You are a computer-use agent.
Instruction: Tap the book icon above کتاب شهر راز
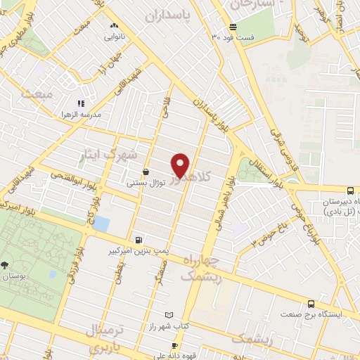[x=167, y=315]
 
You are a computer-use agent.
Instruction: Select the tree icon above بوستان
[x=6, y=265]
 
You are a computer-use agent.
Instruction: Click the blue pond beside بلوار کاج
[x=101, y=224]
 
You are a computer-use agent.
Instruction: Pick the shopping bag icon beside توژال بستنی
[x=146, y=172]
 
